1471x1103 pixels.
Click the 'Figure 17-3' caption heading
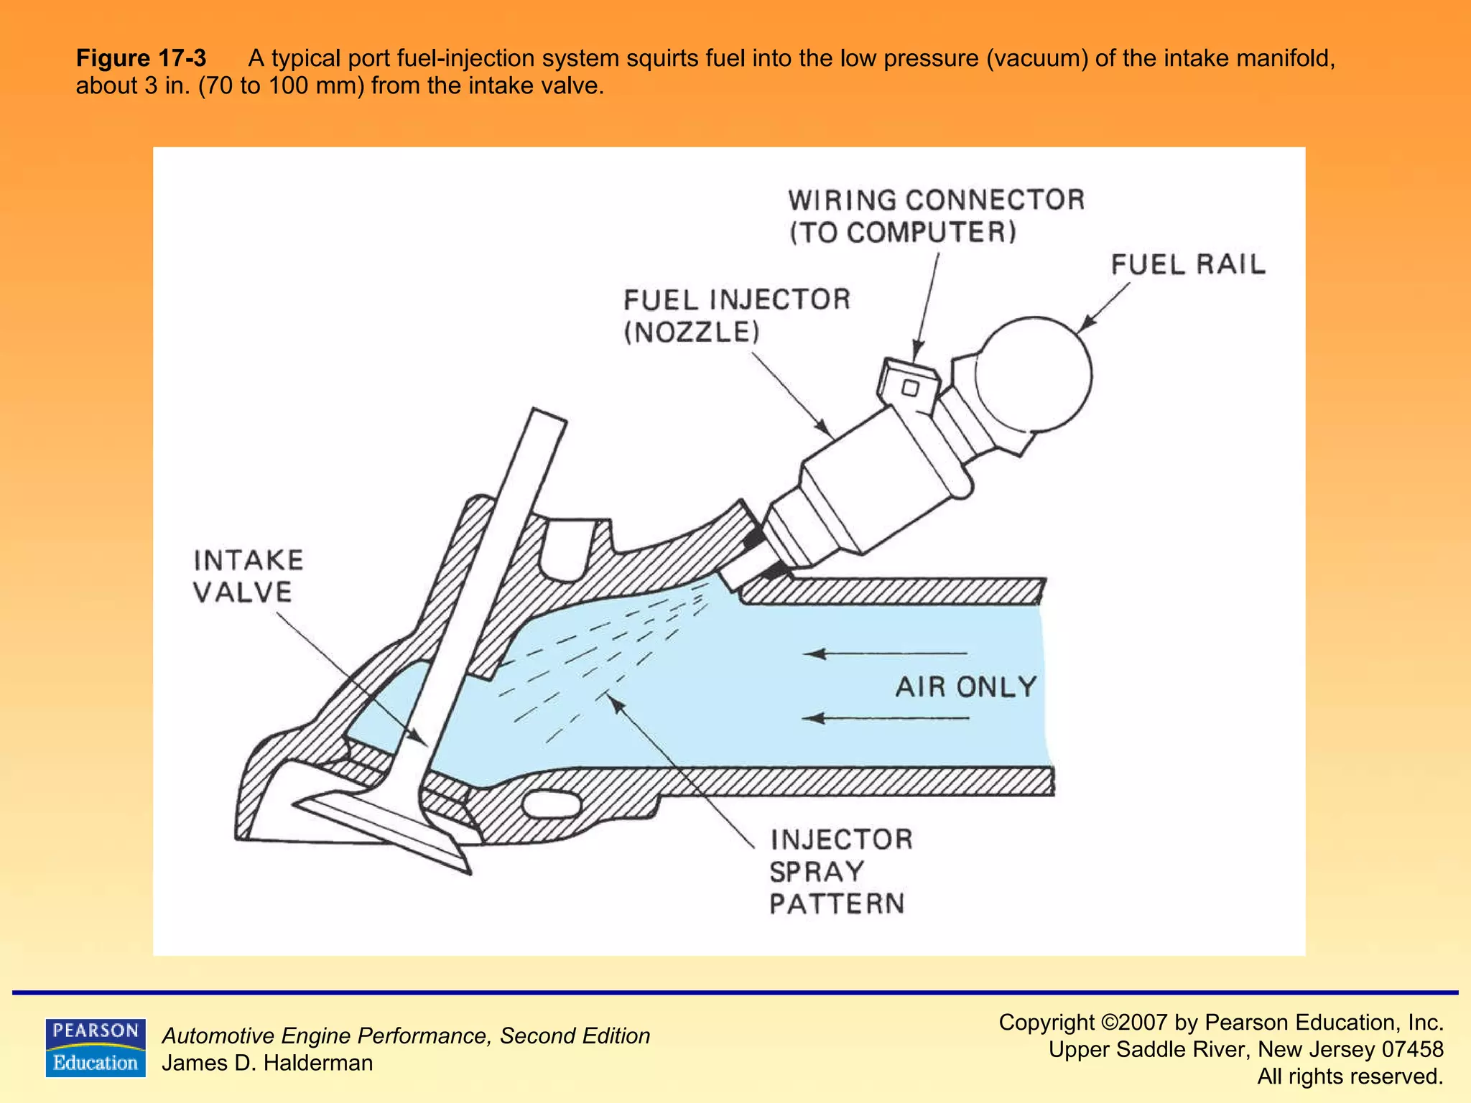(x=141, y=58)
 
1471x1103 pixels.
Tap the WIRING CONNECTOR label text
(x=935, y=200)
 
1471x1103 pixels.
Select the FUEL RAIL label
(x=1188, y=265)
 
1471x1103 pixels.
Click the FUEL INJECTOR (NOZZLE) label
(x=736, y=315)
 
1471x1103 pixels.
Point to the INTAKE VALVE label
(x=248, y=576)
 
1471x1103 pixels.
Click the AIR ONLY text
(x=965, y=687)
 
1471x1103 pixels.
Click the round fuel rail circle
(x=1034, y=375)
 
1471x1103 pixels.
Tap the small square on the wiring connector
(x=910, y=388)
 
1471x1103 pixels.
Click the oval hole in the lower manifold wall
(x=552, y=804)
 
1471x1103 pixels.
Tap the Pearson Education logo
(x=95, y=1047)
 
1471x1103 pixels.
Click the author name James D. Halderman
(x=267, y=1063)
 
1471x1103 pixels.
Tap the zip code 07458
(x=1412, y=1049)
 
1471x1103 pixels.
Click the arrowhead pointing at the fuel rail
(x=1086, y=325)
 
